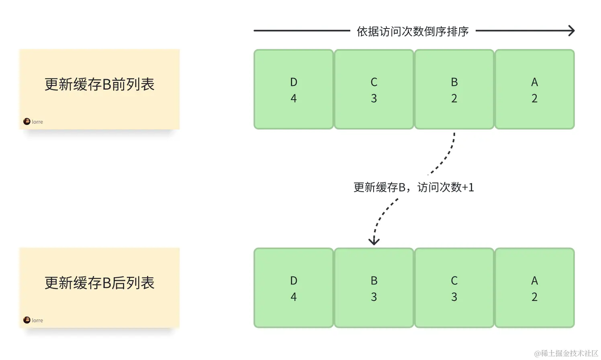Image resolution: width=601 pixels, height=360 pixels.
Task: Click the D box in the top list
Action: (294, 89)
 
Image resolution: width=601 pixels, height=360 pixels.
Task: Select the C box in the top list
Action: (374, 89)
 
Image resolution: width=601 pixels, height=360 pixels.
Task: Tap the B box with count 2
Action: (454, 89)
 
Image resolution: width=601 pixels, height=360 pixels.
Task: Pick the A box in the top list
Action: (534, 89)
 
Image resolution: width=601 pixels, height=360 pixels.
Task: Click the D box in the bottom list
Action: (294, 288)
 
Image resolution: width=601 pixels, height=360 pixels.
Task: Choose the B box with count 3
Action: (374, 288)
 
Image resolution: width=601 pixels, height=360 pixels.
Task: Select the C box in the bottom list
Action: (454, 288)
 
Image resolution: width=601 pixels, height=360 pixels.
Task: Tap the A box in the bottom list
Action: (534, 288)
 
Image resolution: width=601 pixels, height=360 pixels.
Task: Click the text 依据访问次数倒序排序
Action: (413, 31)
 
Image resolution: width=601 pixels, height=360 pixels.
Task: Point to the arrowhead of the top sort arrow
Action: (572, 31)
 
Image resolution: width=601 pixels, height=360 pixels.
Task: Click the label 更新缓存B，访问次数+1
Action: (413, 187)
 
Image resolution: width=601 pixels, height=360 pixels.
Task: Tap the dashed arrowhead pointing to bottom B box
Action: (374, 241)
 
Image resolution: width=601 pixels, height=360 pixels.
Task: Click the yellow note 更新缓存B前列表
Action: (99, 89)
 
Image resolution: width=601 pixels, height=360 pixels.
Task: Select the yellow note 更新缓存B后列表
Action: (99, 287)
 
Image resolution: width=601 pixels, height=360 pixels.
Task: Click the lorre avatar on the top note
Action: (27, 121)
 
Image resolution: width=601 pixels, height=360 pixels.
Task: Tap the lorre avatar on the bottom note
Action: (27, 320)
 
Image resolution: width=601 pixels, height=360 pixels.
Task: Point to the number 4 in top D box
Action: (294, 98)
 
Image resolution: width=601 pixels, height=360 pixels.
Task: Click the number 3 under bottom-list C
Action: (454, 297)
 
